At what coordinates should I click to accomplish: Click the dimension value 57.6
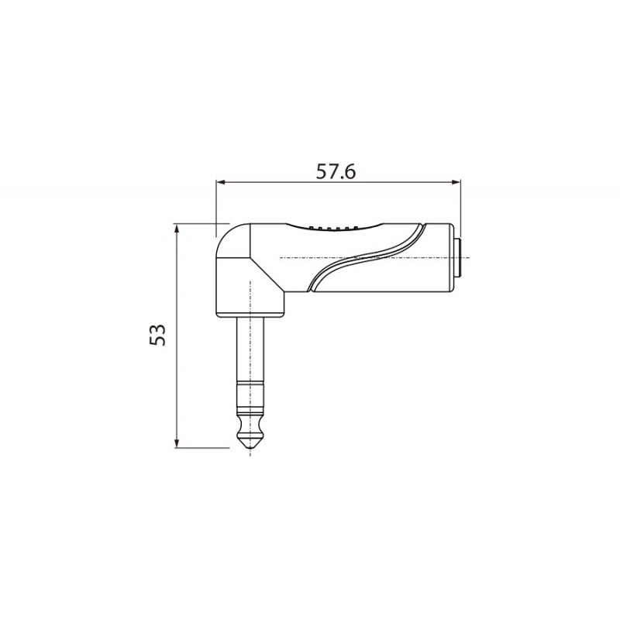coord(336,172)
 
